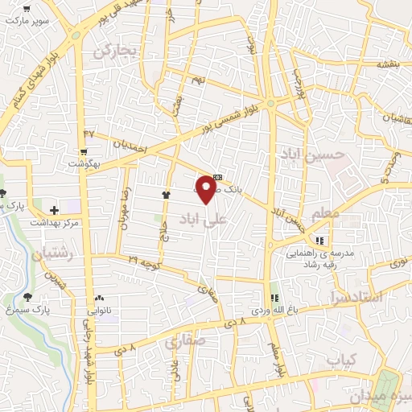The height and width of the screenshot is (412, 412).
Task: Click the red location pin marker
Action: point(207,189)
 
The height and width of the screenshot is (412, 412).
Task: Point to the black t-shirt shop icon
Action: point(167,194)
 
